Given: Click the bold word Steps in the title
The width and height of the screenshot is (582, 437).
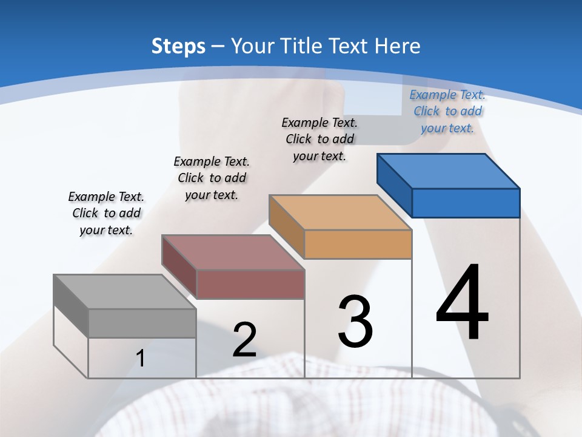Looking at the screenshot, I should [178, 46].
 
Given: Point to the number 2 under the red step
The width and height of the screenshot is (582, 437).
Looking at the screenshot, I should [244, 340].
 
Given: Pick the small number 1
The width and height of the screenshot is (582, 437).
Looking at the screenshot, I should [140, 359].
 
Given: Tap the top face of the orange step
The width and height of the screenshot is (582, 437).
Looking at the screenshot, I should [340, 212].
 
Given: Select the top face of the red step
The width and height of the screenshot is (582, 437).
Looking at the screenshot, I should [233, 252].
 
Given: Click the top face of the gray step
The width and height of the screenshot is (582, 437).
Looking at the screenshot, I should [125, 292].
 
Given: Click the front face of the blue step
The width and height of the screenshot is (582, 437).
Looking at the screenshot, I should [466, 203].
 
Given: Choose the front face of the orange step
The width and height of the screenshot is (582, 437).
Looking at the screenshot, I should [358, 244].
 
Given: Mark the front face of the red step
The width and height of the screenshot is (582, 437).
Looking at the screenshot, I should [250, 284].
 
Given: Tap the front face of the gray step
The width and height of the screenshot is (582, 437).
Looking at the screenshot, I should [142, 323].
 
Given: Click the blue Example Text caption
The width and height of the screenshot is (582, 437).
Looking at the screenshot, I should [447, 111].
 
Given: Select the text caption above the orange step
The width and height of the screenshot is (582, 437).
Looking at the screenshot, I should [319, 139].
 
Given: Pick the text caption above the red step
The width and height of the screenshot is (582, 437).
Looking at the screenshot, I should [212, 178].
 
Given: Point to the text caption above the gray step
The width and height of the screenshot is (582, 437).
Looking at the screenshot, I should [106, 213].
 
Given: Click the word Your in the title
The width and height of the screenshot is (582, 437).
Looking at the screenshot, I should [254, 46].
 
